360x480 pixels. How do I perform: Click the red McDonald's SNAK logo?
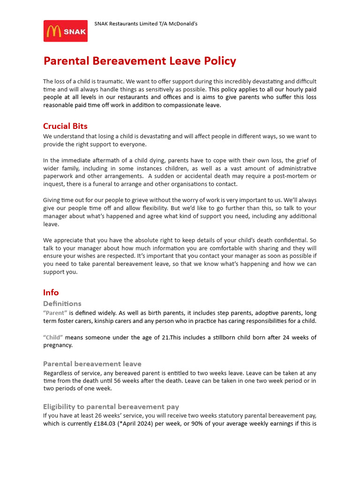click(66, 31)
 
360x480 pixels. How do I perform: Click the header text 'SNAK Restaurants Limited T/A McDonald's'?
click(146, 23)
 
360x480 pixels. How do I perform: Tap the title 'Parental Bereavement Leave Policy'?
click(140, 61)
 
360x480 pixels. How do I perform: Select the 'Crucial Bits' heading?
click(65, 126)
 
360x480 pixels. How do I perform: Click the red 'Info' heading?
click(51, 292)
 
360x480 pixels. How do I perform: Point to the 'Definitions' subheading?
click(62, 304)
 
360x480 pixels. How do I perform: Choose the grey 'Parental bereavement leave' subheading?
click(92, 364)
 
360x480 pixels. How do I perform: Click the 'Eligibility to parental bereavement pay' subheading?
click(111, 406)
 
